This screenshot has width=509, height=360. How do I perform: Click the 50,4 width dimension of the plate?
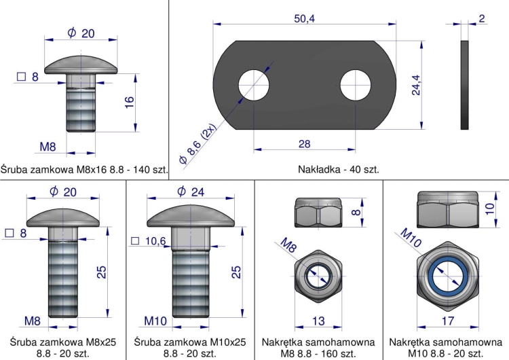304,18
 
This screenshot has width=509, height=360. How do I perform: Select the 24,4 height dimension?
416,84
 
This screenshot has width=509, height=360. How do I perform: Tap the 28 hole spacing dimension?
304,143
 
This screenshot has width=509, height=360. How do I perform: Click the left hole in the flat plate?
254,85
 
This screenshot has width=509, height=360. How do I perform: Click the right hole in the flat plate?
356,85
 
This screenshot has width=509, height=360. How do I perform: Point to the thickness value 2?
481,18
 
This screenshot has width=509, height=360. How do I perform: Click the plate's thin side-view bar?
465,85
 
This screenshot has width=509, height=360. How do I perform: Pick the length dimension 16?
130,102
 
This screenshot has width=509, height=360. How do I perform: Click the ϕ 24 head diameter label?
190,192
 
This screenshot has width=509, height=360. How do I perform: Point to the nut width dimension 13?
318,321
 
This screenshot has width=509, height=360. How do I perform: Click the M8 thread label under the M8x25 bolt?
33,320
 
